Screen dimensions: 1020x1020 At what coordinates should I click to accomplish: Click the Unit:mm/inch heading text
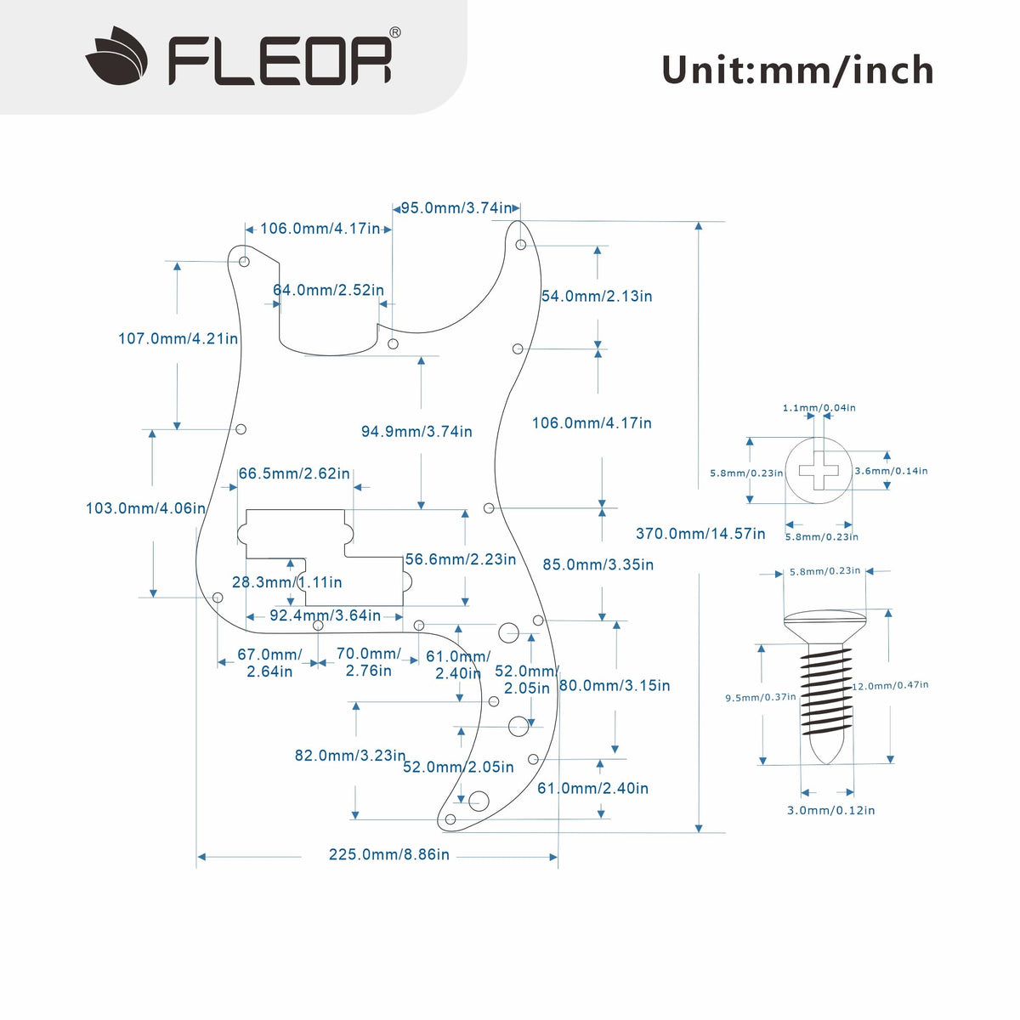(797, 70)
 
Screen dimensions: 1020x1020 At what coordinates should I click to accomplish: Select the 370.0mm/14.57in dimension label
(700, 534)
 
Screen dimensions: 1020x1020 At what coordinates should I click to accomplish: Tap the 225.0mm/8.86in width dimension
(388, 854)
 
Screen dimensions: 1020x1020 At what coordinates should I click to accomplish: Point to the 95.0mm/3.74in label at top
(456, 208)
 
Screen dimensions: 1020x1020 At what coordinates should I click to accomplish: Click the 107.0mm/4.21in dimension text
(178, 338)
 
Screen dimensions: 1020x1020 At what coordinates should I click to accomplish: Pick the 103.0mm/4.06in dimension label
(145, 508)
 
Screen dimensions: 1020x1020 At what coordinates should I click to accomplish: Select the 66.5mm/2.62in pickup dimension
(294, 473)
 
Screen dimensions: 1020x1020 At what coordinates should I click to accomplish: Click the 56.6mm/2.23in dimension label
(461, 559)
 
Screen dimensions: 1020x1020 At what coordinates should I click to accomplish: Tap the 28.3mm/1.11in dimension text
(287, 582)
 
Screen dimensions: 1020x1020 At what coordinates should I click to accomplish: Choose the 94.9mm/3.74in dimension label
(416, 432)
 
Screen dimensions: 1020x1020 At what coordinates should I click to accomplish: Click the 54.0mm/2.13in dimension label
(597, 296)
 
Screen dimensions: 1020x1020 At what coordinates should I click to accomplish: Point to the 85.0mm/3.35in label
(598, 564)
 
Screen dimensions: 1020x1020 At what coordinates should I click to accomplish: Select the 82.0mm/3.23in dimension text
(349, 755)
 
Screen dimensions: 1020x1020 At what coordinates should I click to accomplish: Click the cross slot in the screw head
(819, 471)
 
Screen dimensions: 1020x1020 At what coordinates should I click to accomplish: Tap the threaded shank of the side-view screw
(824, 688)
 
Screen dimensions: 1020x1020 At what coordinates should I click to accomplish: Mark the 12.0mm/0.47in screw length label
(891, 685)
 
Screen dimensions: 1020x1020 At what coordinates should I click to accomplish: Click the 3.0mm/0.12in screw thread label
(830, 810)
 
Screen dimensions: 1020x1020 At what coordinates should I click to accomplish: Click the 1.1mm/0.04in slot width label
(819, 408)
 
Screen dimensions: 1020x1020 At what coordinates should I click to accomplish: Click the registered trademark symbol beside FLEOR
(395, 32)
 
